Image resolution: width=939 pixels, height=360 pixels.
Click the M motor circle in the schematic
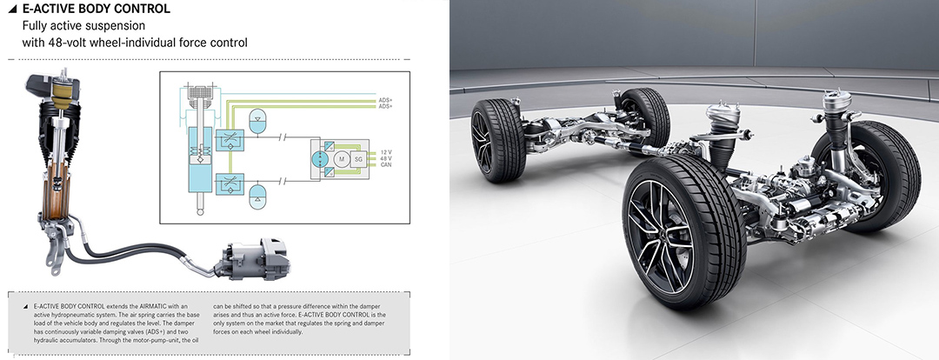click(x=342, y=159)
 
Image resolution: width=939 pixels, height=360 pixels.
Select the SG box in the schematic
click(x=359, y=159)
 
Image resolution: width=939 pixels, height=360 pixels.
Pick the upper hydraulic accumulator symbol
click(x=256, y=120)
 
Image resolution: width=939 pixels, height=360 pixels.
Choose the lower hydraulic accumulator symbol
click(x=256, y=197)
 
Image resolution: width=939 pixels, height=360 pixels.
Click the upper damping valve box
click(x=230, y=140)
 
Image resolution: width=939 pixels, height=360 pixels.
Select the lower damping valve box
click(x=230, y=182)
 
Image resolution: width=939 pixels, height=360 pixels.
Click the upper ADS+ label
click(x=385, y=99)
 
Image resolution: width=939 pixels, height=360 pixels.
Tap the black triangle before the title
click(x=12, y=9)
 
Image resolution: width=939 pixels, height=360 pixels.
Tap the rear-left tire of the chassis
click(x=498, y=140)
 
